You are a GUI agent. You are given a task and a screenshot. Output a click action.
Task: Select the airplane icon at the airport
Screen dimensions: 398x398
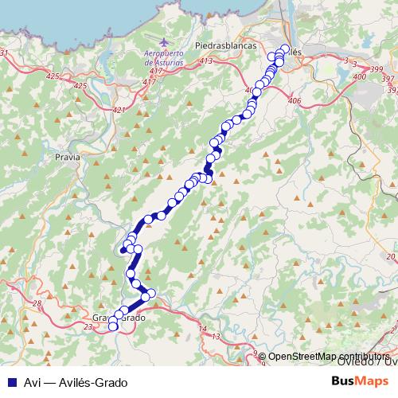coord(165,41)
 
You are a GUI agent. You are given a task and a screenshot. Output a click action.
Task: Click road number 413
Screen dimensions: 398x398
coord(208,61)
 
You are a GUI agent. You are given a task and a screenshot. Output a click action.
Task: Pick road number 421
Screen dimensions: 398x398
coord(119,110)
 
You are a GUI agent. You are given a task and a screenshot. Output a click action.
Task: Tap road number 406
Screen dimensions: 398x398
coord(295,100)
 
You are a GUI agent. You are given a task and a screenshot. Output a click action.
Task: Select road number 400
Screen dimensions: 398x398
coord(359,76)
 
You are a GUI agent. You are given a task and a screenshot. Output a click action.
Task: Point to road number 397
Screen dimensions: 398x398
coord(387,80)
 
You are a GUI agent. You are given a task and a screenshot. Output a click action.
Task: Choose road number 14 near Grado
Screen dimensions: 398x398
coord(202,328)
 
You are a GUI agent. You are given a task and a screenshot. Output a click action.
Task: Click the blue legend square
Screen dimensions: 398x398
coord(13,382)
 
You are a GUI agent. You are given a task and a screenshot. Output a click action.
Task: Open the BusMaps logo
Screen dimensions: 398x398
coord(361,381)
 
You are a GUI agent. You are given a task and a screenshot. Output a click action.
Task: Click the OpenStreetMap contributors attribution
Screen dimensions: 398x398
coord(327,356)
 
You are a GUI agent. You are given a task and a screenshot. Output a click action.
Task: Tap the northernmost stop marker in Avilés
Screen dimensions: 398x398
coord(284,49)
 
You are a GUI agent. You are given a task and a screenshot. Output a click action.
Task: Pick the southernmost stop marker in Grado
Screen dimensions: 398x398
coord(113,326)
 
